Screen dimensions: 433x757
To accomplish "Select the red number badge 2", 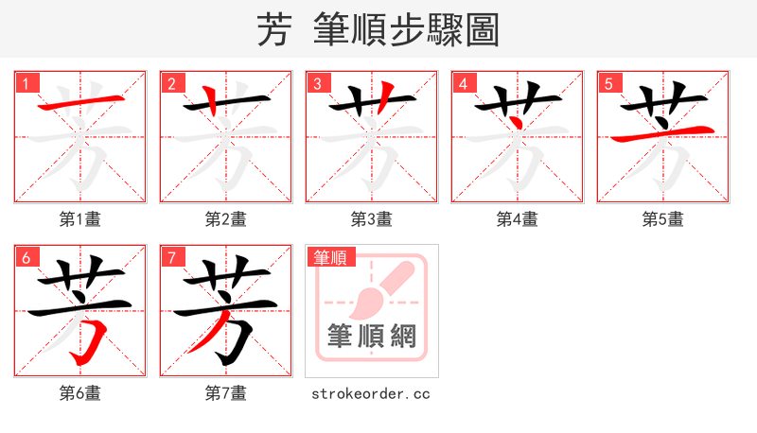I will [171, 83].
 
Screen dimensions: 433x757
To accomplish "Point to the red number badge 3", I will [317, 83].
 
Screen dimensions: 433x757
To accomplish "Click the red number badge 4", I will [463, 83].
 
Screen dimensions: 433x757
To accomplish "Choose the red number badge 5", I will [608, 83].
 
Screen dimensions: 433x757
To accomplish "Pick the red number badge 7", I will [171, 257].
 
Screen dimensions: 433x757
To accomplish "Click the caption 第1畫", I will [80, 219].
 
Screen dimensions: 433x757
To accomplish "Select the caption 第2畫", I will [226, 219].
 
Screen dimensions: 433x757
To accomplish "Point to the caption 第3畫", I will [372, 219].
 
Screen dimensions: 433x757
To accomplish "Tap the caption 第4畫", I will [518, 219].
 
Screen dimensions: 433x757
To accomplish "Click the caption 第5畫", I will [663, 219].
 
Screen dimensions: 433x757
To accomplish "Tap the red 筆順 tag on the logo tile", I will [330, 257].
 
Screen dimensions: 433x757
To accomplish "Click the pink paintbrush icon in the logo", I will [378, 289].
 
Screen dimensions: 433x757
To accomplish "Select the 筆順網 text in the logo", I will [372, 337].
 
